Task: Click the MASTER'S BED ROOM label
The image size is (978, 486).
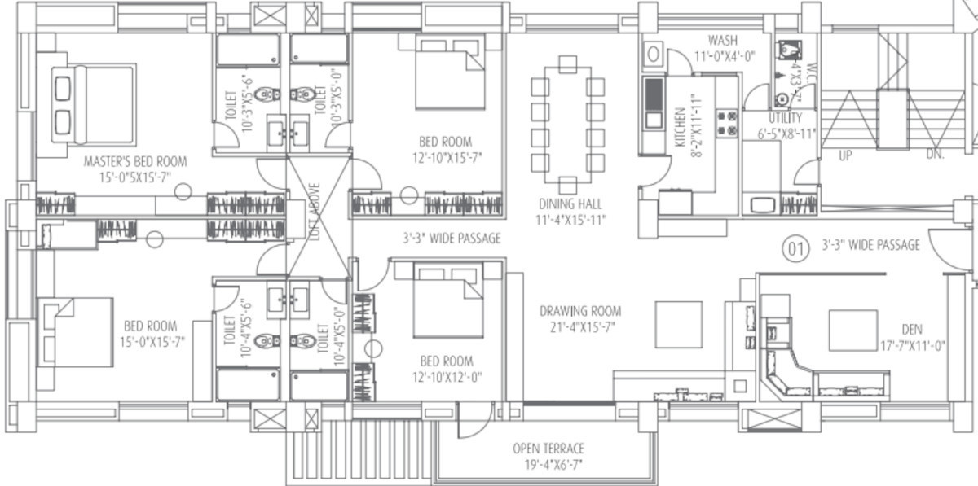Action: pyautogui.click(x=135, y=161)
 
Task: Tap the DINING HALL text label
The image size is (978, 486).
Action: pyautogui.click(x=569, y=204)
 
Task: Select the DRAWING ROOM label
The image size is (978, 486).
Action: pyautogui.click(x=580, y=311)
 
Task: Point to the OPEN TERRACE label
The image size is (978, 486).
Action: pyautogui.click(x=548, y=449)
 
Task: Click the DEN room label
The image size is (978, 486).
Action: pyautogui.click(x=911, y=330)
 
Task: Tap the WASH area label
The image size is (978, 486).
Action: pyautogui.click(x=723, y=41)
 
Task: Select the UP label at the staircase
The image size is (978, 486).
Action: pyautogui.click(x=845, y=155)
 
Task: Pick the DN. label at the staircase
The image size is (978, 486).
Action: pyautogui.click(x=935, y=155)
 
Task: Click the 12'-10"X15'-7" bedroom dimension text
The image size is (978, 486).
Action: pyautogui.click(x=446, y=158)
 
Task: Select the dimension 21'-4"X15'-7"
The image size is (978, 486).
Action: pyautogui.click(x=580, y=327)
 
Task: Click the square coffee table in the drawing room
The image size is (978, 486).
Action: pyautogui.click(x=678, y=323)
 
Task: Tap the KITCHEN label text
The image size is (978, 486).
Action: pyautogui.click(x=680, y=126)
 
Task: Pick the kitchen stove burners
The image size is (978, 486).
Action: pyautogui.click(x=727, y=123)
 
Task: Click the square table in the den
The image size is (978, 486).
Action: pyautogui.click(x=852, y=330)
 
